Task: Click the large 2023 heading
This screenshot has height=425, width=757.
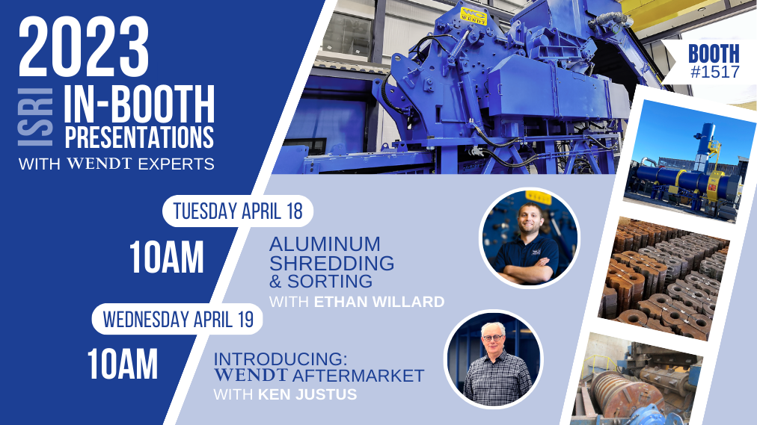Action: click(84, 47)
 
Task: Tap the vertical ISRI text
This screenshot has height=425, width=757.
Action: click(35, 117)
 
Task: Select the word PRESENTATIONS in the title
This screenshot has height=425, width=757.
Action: click(139, 137)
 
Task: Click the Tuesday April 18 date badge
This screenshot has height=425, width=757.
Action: click(238, 211)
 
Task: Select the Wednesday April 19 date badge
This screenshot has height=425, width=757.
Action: click(178, 319)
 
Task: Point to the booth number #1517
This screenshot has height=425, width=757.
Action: click(715, 72)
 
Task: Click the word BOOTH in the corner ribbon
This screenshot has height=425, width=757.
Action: click(714, 54)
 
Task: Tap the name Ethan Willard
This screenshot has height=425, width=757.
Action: click(379, 302)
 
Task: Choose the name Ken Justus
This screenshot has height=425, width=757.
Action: click(307, 394)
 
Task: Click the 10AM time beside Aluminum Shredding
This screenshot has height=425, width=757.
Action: click(167, 258)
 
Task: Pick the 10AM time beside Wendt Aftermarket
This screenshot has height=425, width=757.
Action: click(123, 364)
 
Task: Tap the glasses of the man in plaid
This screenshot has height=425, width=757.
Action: click(492, 338)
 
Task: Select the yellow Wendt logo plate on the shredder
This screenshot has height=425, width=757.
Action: click(473, 16)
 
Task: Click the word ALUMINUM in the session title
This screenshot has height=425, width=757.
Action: click(325, 244)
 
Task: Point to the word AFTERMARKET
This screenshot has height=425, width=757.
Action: click(358, 376)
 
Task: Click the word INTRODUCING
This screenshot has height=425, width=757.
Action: click(281, 359)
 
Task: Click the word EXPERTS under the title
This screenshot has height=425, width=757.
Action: click(177, 164)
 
